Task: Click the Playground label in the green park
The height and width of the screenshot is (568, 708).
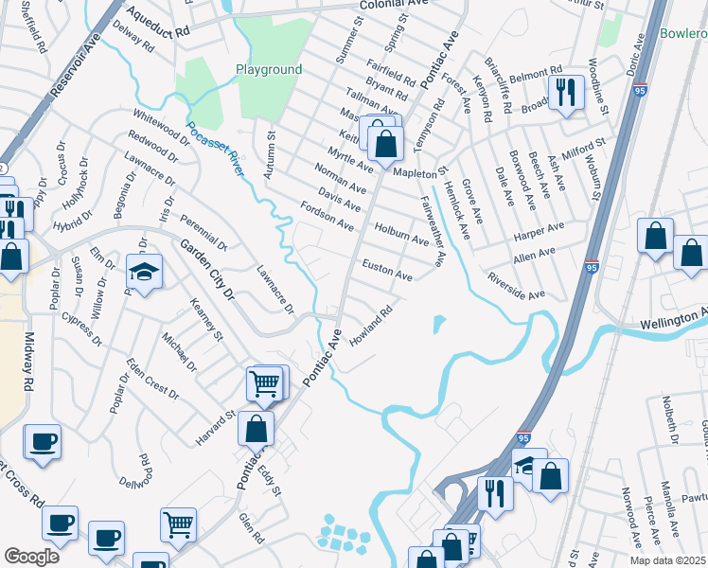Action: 269,69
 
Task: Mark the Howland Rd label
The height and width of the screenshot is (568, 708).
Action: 370,328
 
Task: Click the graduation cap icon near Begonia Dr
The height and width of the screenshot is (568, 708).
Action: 144,272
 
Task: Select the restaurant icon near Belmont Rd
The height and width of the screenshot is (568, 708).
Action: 566,93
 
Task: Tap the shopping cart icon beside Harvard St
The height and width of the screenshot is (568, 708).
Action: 265,383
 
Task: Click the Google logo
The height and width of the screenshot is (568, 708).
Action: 32,557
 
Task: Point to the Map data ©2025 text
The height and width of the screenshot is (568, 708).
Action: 666,560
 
